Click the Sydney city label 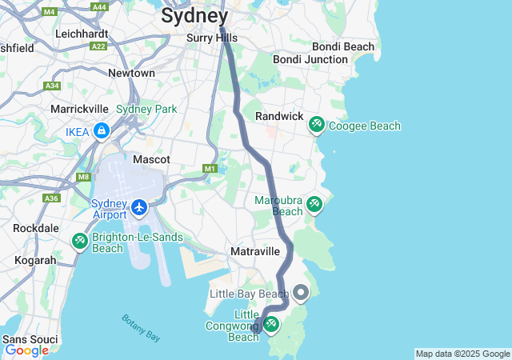click(195, 15)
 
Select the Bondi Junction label click(310, 59)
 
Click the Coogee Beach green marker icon click(317, 125)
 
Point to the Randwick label click(278, 116)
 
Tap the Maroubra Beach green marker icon click(314, 205)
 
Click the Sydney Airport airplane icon click(140, 208)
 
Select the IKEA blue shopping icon click(102, 130)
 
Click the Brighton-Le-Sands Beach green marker click(79, 240)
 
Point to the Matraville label click(255, 251)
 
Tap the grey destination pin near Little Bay click(301, 293)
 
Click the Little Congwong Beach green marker click(270, 324)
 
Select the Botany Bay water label click(142, 329)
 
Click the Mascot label click(151, 159)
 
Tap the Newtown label click(131, 73)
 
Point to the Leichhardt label click(82, 34)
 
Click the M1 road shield click(210, 169)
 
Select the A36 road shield click(51, 198)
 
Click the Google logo click(26, 350)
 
